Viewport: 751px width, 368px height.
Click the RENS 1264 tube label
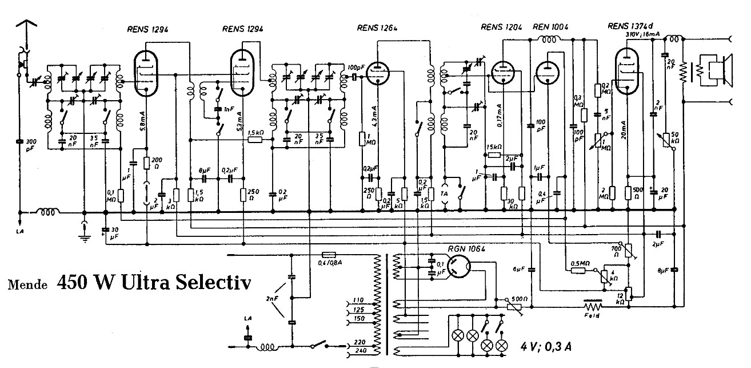[x=377, y=27]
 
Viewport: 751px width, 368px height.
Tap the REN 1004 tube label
[x=550, y=26]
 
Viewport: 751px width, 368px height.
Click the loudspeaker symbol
[x=719, y=70]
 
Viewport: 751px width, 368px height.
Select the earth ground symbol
[x=85, y=236]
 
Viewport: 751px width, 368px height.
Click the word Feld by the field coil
[x=593, y=315]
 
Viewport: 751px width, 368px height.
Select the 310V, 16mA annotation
[x=644, y=35]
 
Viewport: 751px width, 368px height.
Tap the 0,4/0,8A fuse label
[x=331, y=263]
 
